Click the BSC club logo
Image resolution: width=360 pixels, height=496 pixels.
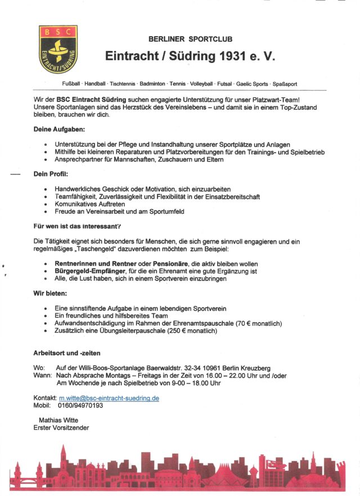coord(57,49)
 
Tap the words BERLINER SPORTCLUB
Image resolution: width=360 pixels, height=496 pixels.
coord(190,39)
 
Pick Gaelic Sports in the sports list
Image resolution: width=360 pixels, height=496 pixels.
coord(252,84)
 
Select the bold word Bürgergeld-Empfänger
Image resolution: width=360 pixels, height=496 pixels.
coord(87,271)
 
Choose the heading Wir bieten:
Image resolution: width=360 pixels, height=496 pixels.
coord(51,294)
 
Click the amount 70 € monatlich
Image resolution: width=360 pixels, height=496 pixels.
coord(253,324)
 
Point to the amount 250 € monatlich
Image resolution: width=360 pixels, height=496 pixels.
coord(189,331)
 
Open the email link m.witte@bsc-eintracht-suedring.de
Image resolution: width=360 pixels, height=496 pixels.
coord(109,398)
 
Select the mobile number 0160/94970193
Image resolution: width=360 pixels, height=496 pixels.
coord(80,405)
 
